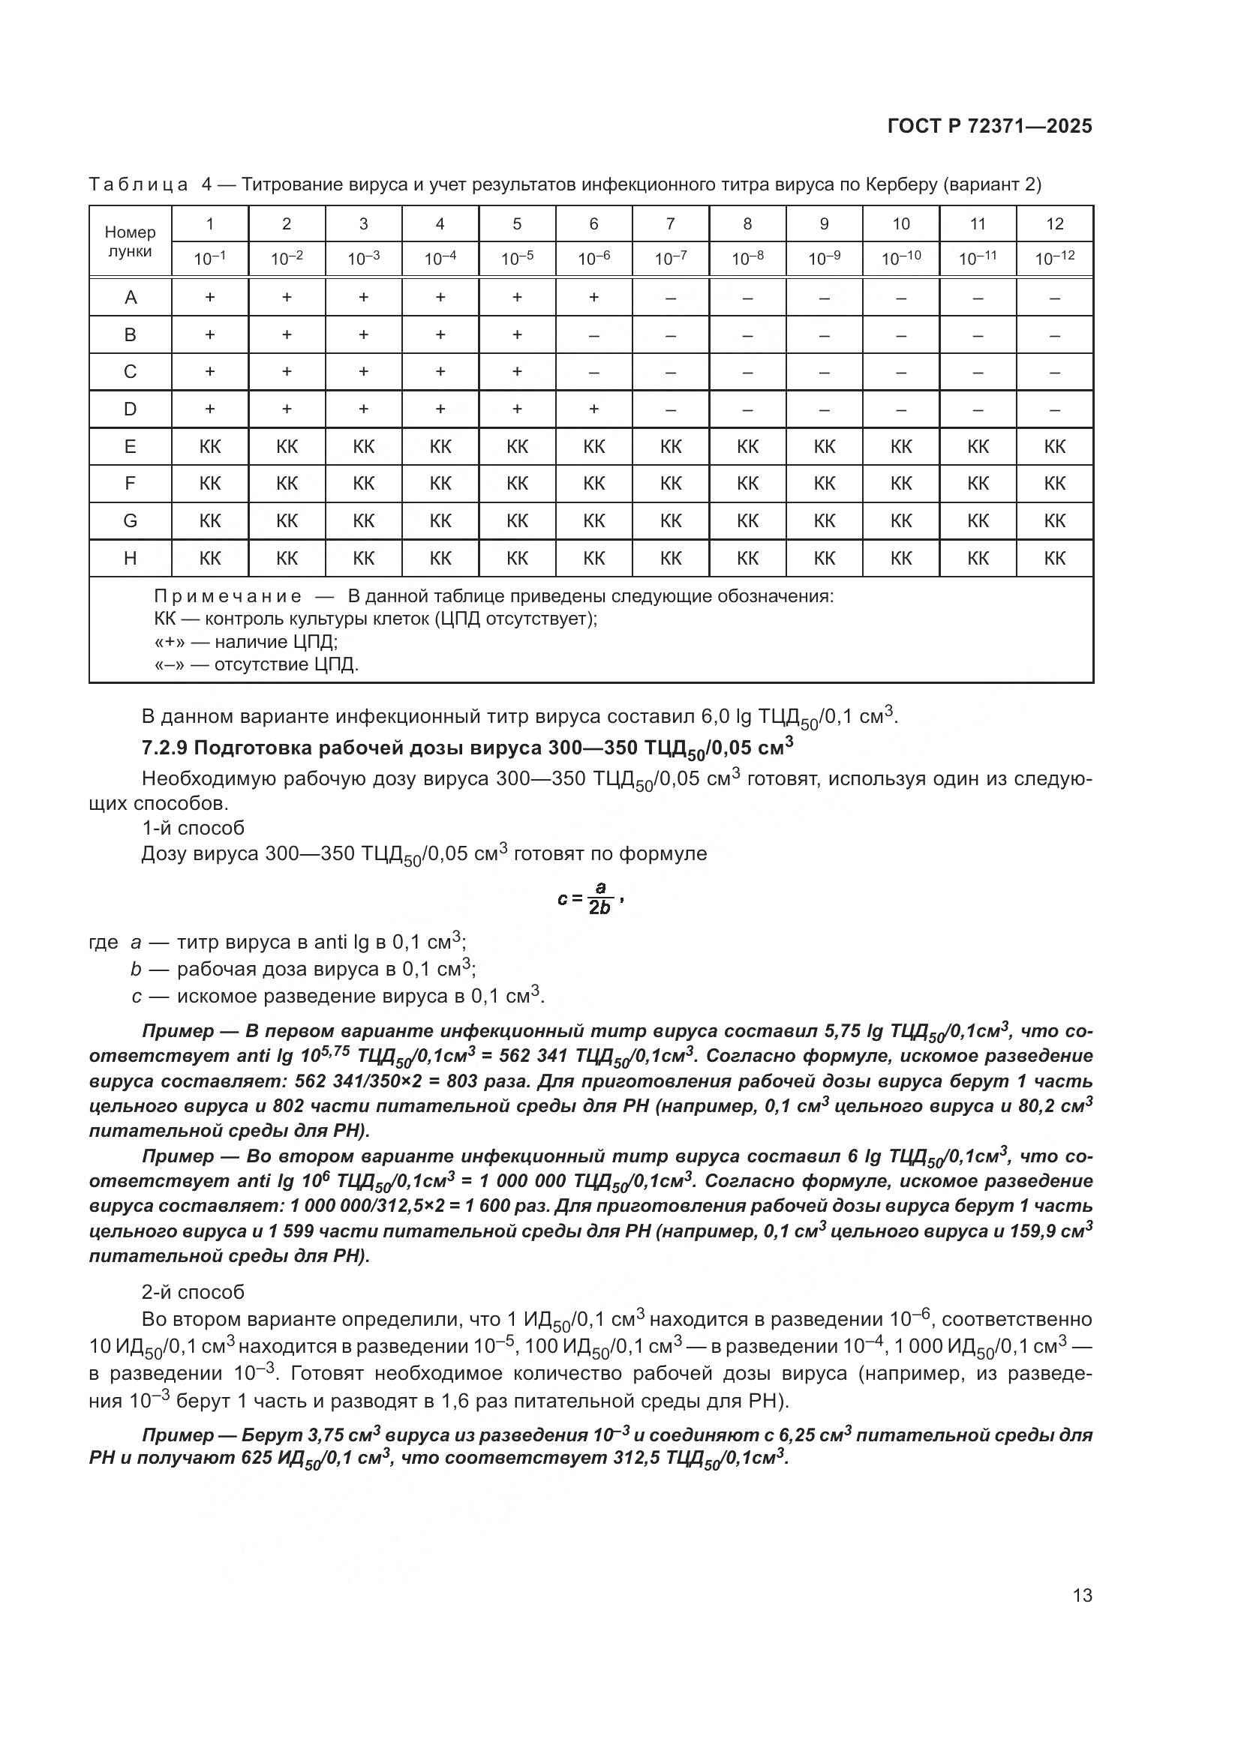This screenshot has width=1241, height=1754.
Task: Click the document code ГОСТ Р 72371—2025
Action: click(x=990, y=126)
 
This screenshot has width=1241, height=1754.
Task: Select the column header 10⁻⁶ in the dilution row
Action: click(x=593, y=259)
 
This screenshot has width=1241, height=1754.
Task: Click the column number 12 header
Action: click(x=1054, y=223)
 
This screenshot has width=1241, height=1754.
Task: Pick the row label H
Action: click(x=131, y=559)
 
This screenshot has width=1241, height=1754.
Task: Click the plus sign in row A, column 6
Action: click(x=593, y=297)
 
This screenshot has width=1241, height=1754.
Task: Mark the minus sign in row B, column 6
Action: click(x=593, y=334)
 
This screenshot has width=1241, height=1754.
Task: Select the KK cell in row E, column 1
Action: click(x=210, y=446)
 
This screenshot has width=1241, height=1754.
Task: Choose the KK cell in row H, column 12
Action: click(x=1054, y=559)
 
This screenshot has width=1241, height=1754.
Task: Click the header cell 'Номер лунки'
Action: click(x=130, y=241)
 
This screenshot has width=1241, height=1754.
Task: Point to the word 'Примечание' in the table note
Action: click(x=228, y=596)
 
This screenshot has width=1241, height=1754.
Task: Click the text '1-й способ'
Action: click(x=193, y=828)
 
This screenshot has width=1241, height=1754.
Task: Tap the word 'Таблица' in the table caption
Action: click(x=138, y=184)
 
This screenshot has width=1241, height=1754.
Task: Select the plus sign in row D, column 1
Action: click(x=210, y=409)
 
